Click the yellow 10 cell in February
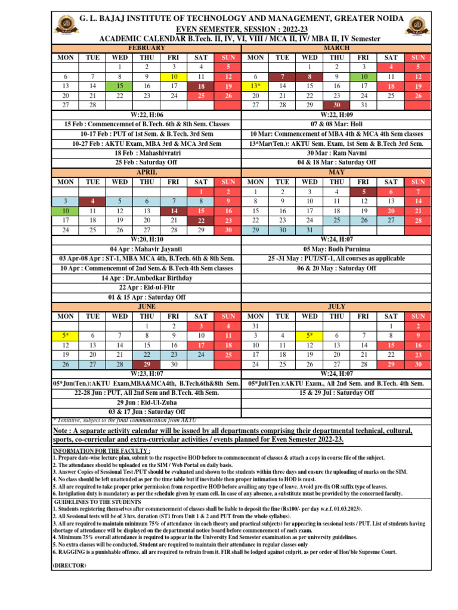pos(174,77)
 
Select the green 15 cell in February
pos(120,86)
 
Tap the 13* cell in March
pos(255,86)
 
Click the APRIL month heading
pos(147,172)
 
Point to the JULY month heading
pos(336,306)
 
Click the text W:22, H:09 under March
pos(336,114)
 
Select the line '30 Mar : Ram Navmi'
pos(336,153)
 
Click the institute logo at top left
pos(64,24)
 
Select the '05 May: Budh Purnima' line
pos(336,249)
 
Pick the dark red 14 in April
pos(174,211)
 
